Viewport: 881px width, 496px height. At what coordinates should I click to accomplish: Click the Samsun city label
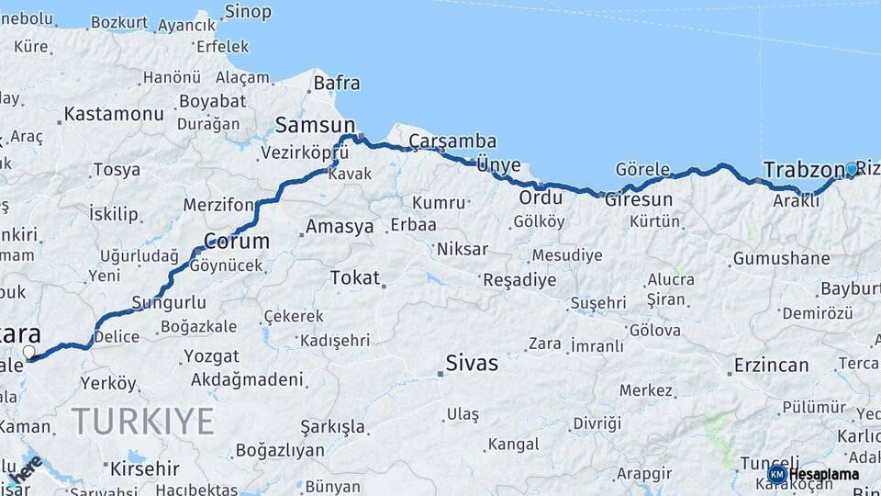[x=315, y=125]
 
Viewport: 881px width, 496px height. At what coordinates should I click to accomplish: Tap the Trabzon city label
[x=803, y=170]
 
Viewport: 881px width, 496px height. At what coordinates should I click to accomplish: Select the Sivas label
[x=472, y=363]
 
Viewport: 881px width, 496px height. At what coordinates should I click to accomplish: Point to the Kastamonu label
[x=115, y=115]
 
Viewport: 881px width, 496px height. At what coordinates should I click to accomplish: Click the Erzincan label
[x=771, y=366]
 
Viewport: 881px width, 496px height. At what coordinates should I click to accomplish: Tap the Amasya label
[x=340, y=226]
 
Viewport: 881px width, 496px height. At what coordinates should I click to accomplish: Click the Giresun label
[x=639, y=199]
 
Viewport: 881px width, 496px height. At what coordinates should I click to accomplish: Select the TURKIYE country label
[x=143, y=421]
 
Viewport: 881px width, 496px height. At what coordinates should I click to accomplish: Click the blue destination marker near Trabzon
[x=852, y=169]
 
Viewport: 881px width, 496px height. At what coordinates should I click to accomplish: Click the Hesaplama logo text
[x=823, y=474]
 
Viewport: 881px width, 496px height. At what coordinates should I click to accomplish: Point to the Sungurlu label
[x=169, y=302]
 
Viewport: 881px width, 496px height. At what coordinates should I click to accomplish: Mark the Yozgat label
[x=211, y=355]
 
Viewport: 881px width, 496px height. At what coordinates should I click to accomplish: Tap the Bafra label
[x=337, y=84]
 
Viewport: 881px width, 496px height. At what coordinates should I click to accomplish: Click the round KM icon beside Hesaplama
[x=776, y=474]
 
